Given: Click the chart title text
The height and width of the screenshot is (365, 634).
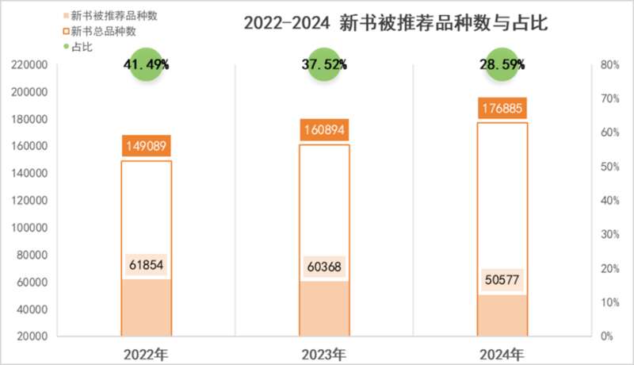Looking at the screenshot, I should pyautogui.click(x=395, y=24).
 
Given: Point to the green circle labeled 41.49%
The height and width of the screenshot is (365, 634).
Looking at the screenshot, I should pyautogui.click(x=146, y=65).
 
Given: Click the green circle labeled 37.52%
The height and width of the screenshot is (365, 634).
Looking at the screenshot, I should pyautogui.click(x=324, y=65).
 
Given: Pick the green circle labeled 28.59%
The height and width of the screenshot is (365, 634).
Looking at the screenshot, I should pyautogui.click(x=502, y=65).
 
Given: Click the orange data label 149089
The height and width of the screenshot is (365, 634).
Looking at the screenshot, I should pyautogui.click(x=147, y=146).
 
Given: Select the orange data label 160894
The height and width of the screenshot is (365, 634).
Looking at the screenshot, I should pyautogui.click(x=324, y=129).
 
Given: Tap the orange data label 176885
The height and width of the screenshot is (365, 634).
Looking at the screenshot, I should pyautogui.click(x=502, y=108).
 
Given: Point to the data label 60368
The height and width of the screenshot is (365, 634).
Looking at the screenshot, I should pyautogui.click(x=324, y=267).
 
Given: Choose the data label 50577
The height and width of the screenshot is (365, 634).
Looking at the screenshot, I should pyautogui.click(x=502, y=281).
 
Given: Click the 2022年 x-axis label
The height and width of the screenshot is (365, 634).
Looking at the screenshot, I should pyautogui.click(x=147, y=352).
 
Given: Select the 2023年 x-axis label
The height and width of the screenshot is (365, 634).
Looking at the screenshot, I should pyautogui.click(x=324, y=352).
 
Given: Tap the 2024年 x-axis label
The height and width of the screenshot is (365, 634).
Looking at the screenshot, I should pyautogui.click(x=502, y=352).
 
